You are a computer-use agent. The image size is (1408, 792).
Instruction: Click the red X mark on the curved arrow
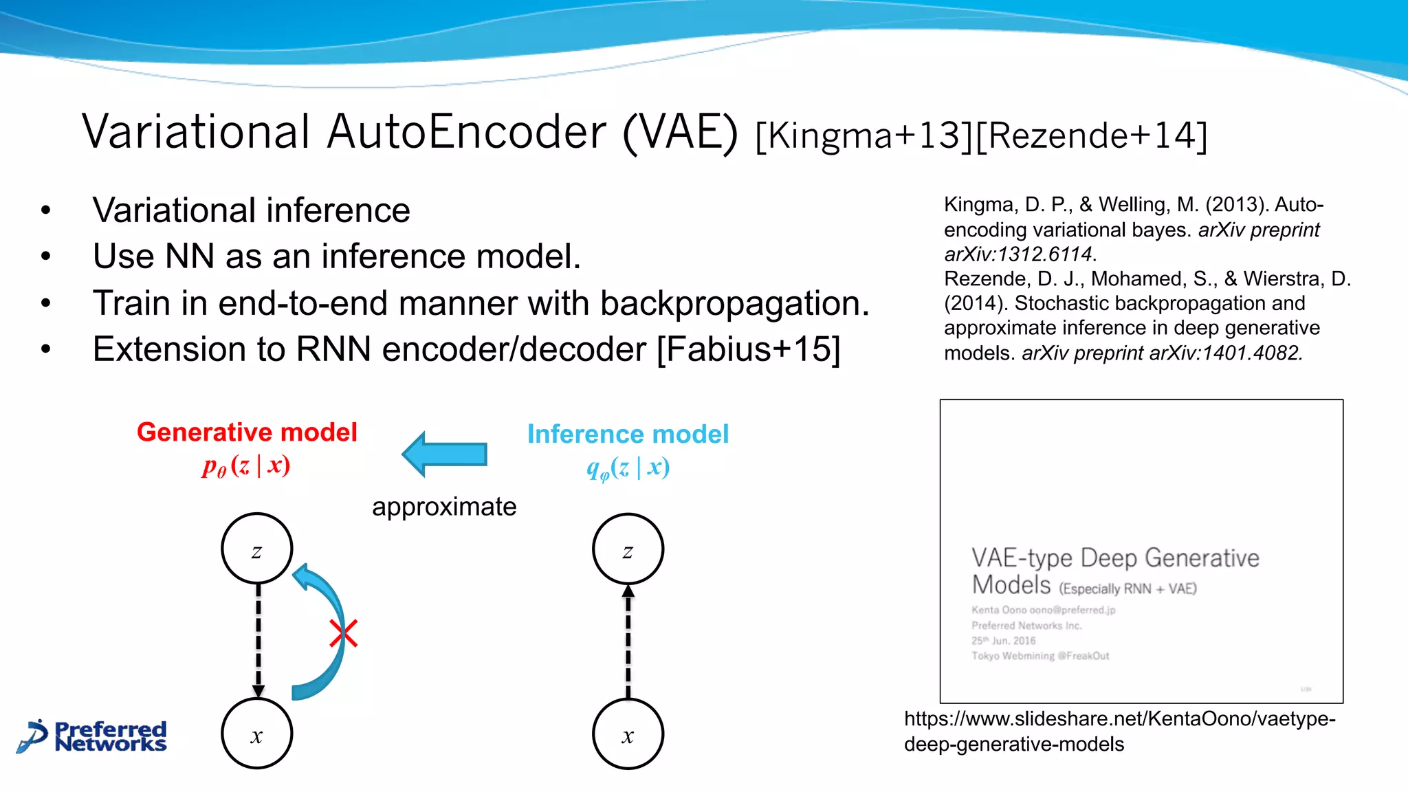[x=343, y=633]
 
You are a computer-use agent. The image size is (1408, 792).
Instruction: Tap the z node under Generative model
[x=257, y=549]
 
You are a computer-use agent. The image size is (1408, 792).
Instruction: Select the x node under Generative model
[x=257, y=734]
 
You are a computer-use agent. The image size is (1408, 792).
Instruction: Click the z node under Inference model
[x=628, y=549]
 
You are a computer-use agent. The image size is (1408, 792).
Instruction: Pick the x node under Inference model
[x=628, y=734]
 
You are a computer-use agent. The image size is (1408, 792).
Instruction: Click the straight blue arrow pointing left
[x=445, y=454]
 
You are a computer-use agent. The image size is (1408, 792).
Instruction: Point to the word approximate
[x=444, y=507]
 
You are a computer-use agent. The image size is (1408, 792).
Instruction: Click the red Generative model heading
[x=247, y=432]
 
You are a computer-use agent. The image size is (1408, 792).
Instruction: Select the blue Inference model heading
[x=628, y=434]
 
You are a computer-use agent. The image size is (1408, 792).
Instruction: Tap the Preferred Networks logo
[x=93, y=736]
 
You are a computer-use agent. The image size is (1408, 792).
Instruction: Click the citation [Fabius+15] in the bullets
[x=749, y=349]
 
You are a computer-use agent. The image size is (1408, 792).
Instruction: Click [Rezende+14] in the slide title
[x=1091, y=135]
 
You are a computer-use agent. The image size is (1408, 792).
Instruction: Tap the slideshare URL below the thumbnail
[x=1119, y=731]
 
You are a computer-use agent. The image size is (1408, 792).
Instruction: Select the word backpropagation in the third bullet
[x=734, y=303]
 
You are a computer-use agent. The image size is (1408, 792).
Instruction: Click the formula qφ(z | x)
[x=628, y=468]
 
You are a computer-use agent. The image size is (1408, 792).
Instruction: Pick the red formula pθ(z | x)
[x=246, y=466]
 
